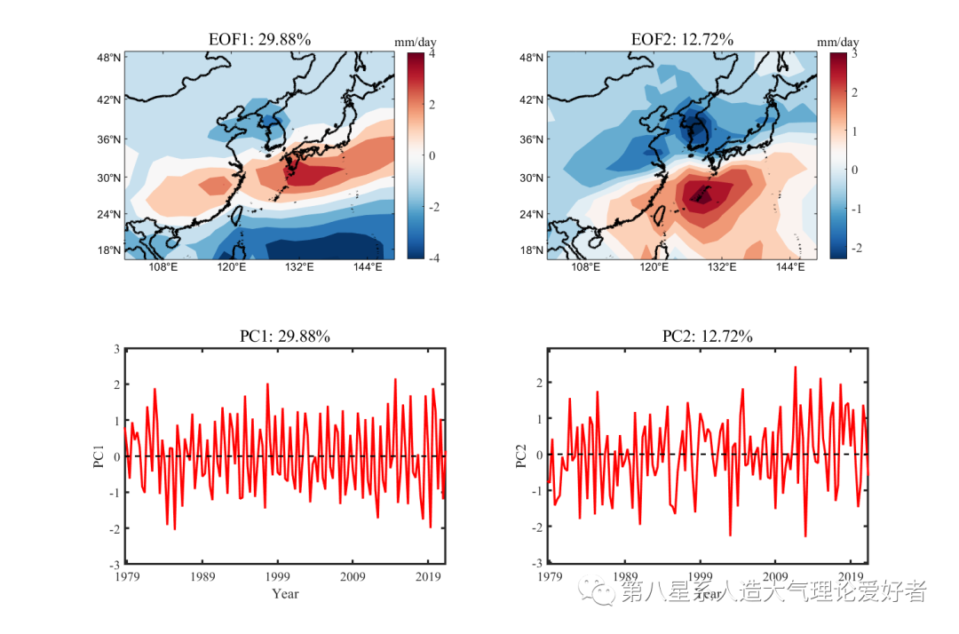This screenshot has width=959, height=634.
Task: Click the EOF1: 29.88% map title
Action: coord(259,40)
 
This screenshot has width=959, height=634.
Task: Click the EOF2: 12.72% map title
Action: coord(682,40)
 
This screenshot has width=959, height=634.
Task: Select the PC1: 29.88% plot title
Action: coord(285,337)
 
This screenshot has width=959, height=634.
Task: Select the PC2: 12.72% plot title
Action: coord(708,337)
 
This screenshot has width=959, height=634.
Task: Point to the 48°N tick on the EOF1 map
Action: coord(109,59)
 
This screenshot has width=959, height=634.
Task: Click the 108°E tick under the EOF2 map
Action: coord(586,267)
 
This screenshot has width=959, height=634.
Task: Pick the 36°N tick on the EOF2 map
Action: coord(532,139)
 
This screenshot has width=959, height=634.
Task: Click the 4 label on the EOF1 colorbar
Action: coord(432,54)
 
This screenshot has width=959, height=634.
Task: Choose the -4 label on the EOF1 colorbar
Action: coord(433,258)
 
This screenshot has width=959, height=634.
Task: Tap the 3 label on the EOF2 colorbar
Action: coord(854,54)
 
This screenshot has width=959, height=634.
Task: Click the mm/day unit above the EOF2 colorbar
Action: coord(837,43)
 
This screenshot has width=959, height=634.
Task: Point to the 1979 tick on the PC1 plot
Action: coord(126,575)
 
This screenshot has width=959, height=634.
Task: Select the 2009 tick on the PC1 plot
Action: coord(353,575)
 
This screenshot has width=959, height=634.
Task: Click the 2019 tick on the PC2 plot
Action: coord(851,575)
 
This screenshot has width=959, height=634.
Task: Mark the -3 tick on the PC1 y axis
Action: coord(115,564)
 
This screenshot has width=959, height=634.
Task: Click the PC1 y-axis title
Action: coord(99,456)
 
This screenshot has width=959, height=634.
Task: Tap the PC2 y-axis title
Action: coord(521,456)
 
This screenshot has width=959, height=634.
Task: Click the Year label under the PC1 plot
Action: coord(285,593)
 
